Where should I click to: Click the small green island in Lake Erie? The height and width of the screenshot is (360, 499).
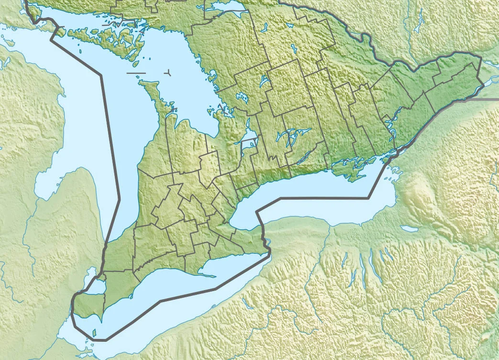(94, 332)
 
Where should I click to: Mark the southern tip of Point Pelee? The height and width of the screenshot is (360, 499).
(102, 320)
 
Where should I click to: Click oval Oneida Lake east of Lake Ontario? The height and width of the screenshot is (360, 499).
(410, 229)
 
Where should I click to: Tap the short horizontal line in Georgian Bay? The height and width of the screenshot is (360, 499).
(136, 73)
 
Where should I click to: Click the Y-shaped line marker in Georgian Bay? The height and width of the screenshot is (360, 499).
(168, 73)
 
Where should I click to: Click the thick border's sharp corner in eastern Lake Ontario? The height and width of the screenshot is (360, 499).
(369, 197)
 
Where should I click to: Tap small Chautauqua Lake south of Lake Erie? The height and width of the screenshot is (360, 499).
(247, 304)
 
